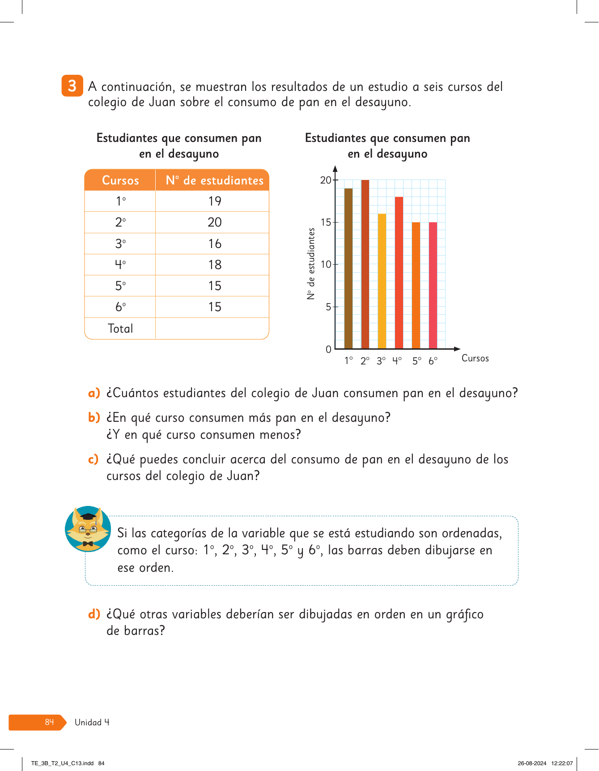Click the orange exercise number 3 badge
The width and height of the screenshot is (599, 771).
pyautogui.click(x=72, y=86)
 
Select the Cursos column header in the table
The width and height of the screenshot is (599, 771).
pyautogui.click(x=120, y=180)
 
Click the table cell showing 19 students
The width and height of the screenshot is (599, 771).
pyautogui.click(x=215, y=201)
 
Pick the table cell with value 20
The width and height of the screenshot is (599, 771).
pyautogui.click(x=215, y=222)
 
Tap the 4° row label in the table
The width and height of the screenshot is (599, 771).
pyautogui.click(x=120, y=265)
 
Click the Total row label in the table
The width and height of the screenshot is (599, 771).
pyautogui.click(x=120, y=329)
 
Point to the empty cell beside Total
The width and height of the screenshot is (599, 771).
pyautogui.click(x=212, y=329)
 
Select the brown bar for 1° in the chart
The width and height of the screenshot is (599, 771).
pyautogui.click(x=348, y=269)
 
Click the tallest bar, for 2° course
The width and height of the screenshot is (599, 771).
pyautogui.click(x=365, y=264)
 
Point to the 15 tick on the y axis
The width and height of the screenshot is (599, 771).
pyautogui.click(x=326, y=223)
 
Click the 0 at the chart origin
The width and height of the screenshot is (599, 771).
pyautogui.click(x=329, y=350)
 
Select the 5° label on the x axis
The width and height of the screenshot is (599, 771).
pyautogui.click(x=417, y=361)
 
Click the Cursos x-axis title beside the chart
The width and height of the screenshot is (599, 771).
pyautogui.click(x=475, y=358)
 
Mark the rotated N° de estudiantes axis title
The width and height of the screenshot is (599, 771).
pyautogui.click(x=311, y=264)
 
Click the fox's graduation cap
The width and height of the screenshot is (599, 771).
pyautogui.click(x=89, y=516)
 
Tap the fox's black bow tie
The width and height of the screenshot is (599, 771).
pyautogui.click(x=88, y=544)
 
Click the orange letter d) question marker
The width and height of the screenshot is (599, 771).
pyautogui.click(x=94, y=614)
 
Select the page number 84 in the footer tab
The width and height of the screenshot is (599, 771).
pyautogui.click(x=49, y=722)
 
